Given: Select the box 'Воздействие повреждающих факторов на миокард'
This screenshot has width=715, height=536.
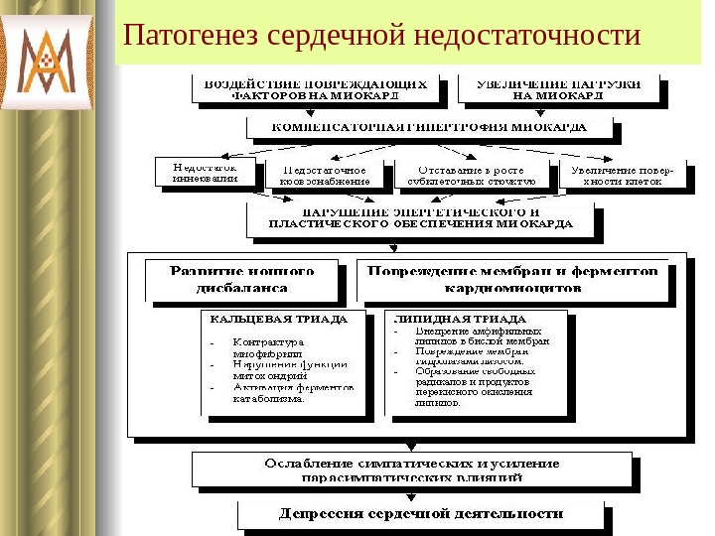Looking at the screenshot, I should (315, 90).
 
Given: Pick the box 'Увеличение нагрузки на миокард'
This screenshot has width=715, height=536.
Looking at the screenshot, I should (563, 90).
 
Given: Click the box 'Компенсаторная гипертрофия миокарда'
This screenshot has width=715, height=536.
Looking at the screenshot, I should (429, 128).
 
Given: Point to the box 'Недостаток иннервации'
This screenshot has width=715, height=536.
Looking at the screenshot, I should (205, 173).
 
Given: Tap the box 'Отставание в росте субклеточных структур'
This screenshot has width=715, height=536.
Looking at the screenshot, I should (472, 175).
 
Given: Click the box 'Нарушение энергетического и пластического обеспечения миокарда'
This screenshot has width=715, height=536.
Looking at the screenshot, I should (421, 219).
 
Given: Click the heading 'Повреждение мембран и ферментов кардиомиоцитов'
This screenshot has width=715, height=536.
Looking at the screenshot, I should (513, 279).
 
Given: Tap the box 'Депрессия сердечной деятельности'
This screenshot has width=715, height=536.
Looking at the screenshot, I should (420, 513).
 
